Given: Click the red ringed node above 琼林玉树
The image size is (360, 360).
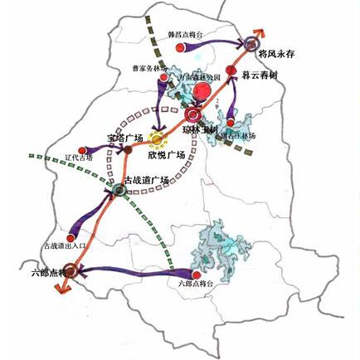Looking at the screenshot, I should [x=193, y=115].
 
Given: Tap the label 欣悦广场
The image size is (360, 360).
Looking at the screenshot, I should [x=166, y=155].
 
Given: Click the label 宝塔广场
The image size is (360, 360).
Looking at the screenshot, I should [x=125, y=138].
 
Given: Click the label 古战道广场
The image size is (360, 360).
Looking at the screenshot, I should [x=146, y=179].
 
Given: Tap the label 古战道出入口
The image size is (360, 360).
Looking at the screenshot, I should [x=64, y=246].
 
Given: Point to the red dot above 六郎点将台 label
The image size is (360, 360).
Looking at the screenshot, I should [x=196, y=275].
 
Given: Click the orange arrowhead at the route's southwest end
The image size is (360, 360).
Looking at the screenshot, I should [x=58, y=286].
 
